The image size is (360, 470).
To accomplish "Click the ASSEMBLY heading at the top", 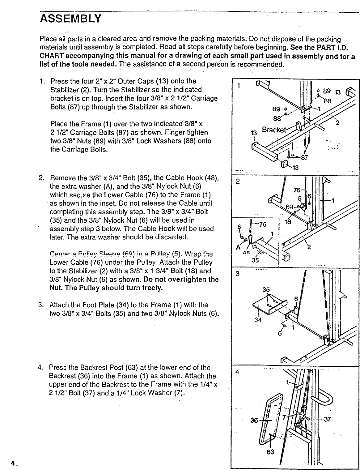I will [70, 19].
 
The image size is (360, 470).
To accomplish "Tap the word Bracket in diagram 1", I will [274, 129].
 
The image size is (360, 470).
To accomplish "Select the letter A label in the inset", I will [238, 247].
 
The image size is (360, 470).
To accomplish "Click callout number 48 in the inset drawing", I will [246, 252].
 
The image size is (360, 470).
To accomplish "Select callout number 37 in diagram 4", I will [328, 420].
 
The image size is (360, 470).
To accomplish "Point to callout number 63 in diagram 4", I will [270, 452].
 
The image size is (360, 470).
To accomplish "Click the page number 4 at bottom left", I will [12, 463].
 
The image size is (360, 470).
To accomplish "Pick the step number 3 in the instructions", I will [40, 305].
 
